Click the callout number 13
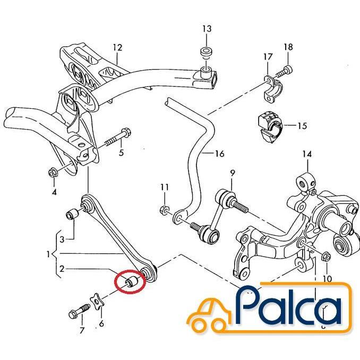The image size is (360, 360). click(207, 29)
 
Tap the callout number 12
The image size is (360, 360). click(117, 48)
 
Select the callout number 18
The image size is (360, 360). click(288, 47)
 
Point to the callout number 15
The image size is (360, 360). click(302, 126)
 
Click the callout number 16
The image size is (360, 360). click(220, 153)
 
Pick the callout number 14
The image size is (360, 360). click(307, 154)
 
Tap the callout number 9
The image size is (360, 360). click(233, 173)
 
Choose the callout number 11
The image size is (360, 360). click(165, 187)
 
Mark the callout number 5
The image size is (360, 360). click(121, 152)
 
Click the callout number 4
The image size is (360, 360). click(54, 192)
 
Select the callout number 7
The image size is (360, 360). click(82, 331)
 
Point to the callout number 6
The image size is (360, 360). click(101, 323)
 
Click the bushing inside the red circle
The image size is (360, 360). click(132, 282)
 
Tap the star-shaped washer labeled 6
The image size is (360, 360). click(96, 302)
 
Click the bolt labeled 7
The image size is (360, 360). click(79, 311)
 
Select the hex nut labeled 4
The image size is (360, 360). click(53, 173)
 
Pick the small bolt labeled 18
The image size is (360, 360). click(285, 71)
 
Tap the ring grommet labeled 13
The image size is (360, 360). click(207, 52)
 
